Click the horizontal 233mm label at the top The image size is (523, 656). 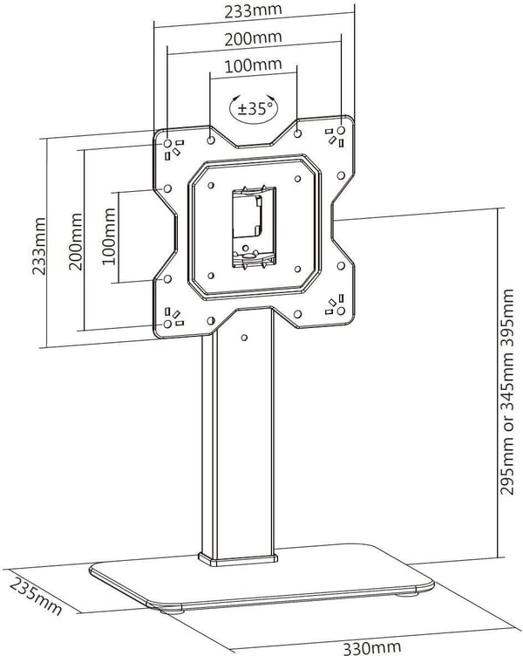(253, 10)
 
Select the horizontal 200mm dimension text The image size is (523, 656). (253, 38)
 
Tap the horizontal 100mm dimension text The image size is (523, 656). (253, 65)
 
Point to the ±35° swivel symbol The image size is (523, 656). (254, 108)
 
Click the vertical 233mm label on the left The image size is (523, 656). (39, 246)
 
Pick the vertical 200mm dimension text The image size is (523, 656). (76, 242)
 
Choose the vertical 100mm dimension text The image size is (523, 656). (109, 236)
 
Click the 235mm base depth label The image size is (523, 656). (36, 596)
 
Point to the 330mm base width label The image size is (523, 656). (371, 647)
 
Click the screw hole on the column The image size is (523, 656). (245, 338)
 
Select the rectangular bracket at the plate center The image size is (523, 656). (255, 227)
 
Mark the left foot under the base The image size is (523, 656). (173, 611)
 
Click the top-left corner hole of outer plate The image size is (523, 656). (167, 143)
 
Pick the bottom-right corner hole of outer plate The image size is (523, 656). (341, 311)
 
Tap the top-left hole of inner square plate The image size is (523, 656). (211, 185)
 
